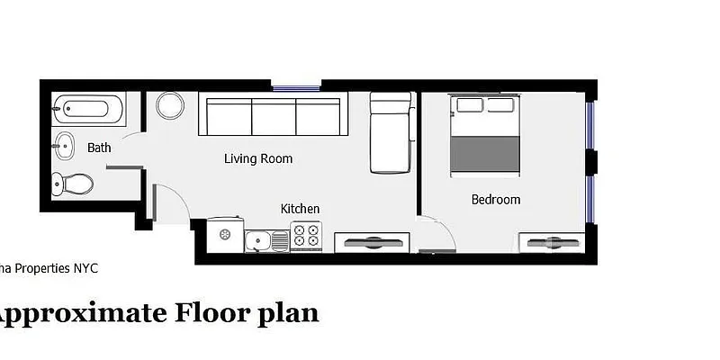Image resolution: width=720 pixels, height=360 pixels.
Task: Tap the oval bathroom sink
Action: [65, 144]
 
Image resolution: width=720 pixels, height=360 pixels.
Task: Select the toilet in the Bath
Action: [72, 184]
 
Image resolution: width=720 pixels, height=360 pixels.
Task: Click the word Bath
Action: [99, 148]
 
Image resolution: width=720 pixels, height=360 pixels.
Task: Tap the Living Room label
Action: [258, 159]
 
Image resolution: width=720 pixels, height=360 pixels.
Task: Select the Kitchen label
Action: [300, 209]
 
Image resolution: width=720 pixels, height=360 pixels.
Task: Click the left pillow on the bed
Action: [470, 105]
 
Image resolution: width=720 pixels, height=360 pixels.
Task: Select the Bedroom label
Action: [496, 200]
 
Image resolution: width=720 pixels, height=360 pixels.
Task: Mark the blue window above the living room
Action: [296, 87]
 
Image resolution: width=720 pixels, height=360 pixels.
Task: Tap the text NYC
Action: [86, 268]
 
